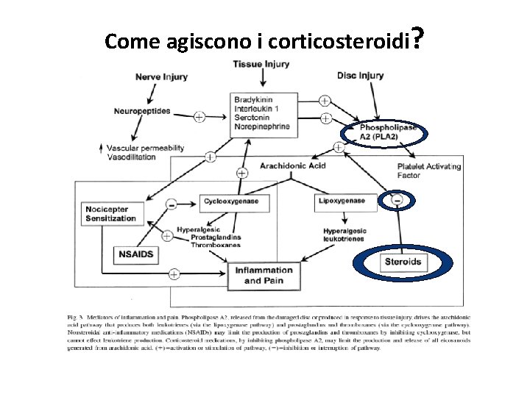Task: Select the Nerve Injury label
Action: pos(161,76)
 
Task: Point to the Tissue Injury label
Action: pos(261,65)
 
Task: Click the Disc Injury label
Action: pos(360,76)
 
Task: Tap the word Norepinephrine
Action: pos(261,126)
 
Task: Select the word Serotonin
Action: pos(252,118)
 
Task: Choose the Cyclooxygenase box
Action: pos(230,201)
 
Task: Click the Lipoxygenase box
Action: pos(343,200)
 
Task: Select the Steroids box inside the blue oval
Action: pos(403,262)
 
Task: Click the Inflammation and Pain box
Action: pos(263,275)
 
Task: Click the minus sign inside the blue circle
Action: pos(396,201)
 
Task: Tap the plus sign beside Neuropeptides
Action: pos(199,116)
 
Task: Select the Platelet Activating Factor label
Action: pos(428,171)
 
